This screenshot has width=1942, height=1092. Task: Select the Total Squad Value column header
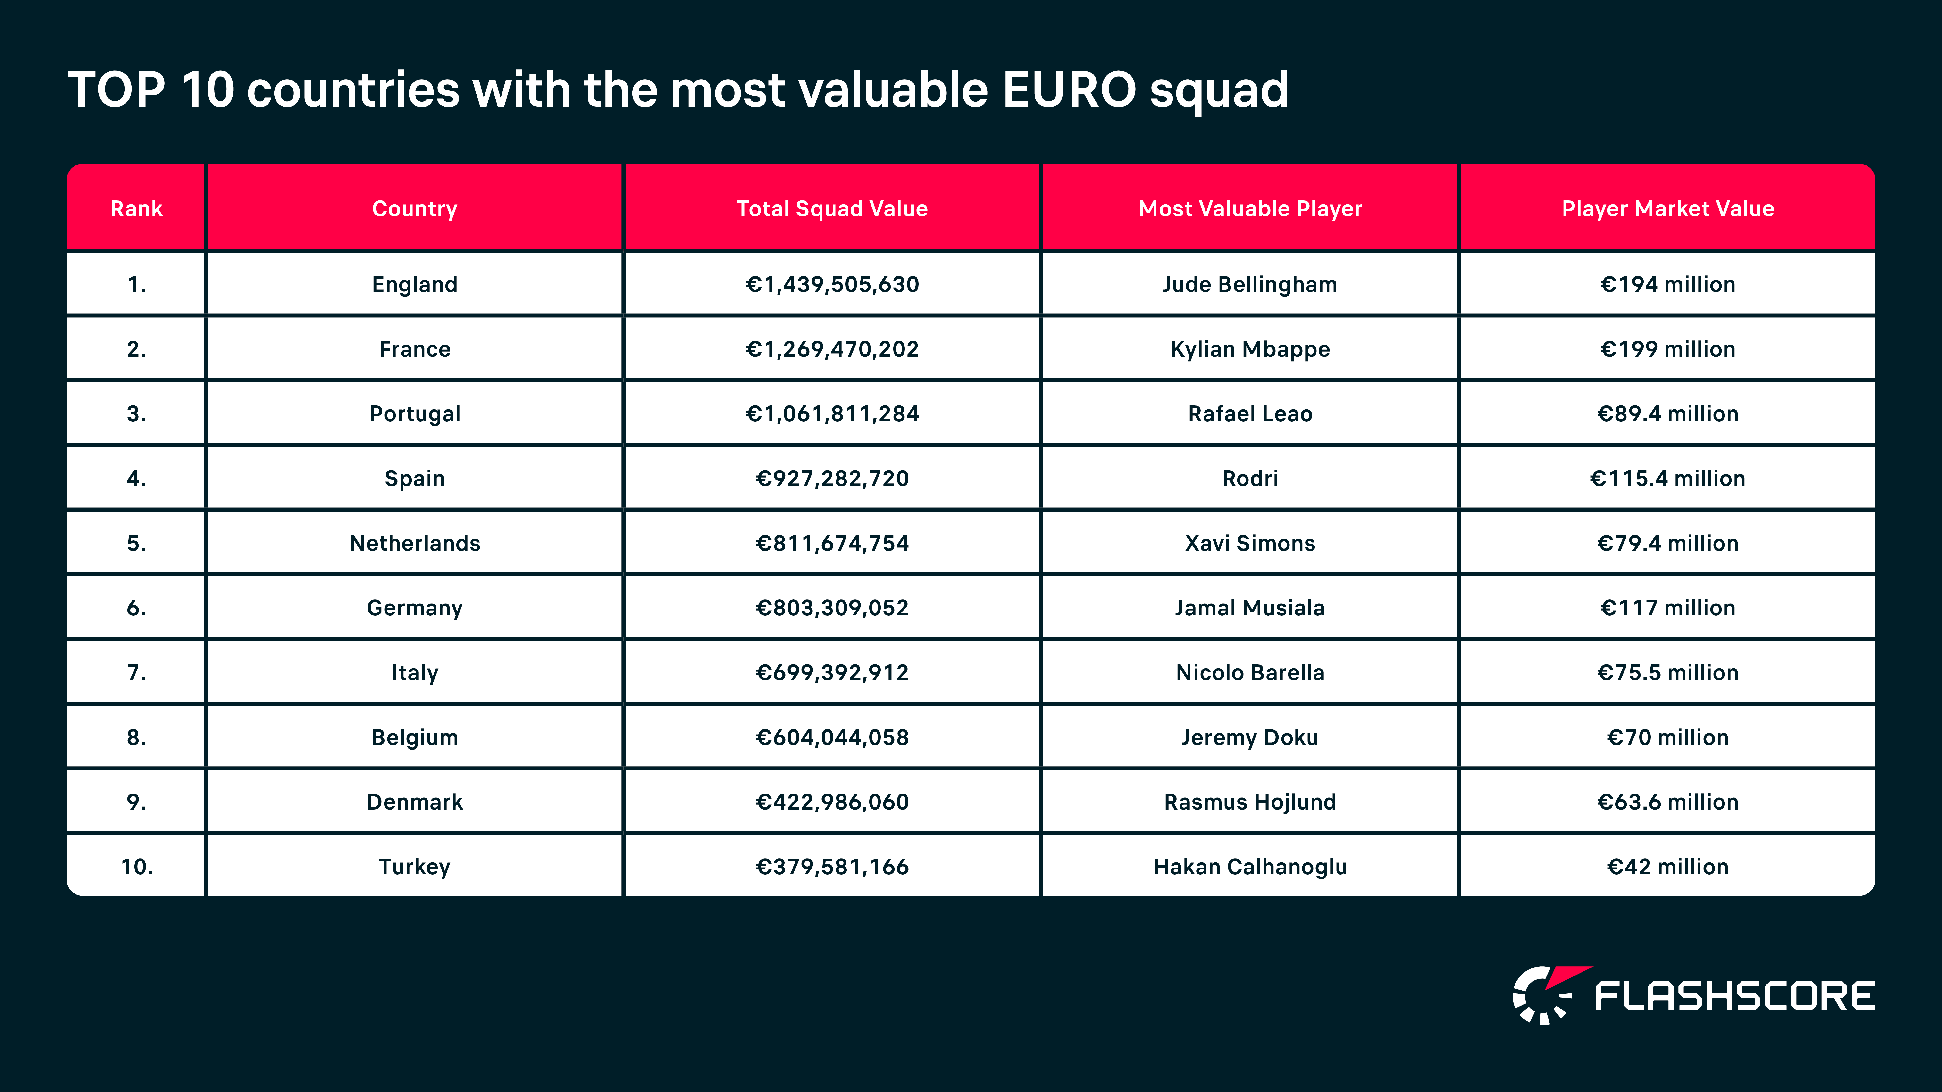(831, 209)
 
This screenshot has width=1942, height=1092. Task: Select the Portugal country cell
(415, 414)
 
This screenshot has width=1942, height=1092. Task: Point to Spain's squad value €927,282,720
(831, 479)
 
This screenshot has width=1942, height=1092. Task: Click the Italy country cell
(415, 672)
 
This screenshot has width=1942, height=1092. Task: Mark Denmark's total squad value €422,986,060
(831, 802)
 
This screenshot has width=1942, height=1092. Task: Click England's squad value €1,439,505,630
(831, 284)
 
